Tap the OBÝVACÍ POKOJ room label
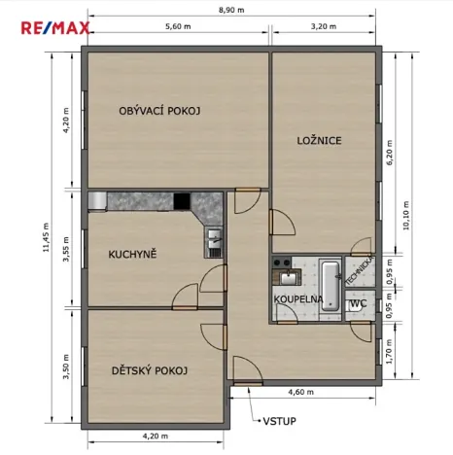[x=159, y=111]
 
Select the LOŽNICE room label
[x=319, y=141]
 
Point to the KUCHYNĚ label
[x=132, y=255]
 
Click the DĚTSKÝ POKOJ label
[x=149, y=370]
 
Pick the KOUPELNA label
[x=297, y=299]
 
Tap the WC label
[x=357, y=303]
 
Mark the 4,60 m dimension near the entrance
[x=302, y=393]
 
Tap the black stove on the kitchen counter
[x=182, y=200]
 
